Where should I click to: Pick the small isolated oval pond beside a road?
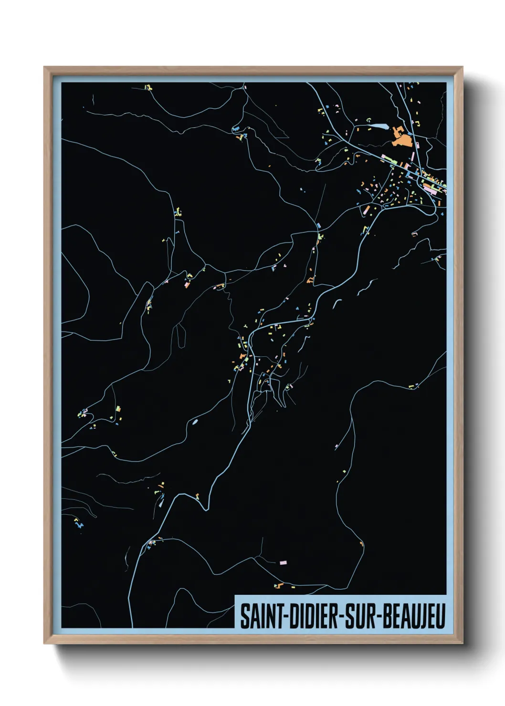(x=194, y=422)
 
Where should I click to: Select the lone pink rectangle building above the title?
(x=283, y=563)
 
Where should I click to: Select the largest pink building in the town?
(x=428, y=190)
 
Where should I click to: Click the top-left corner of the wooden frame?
(x=44, y=67)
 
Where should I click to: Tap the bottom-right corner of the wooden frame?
(x=462, y=643)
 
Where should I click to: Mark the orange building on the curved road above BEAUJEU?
(x=361, y=543)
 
